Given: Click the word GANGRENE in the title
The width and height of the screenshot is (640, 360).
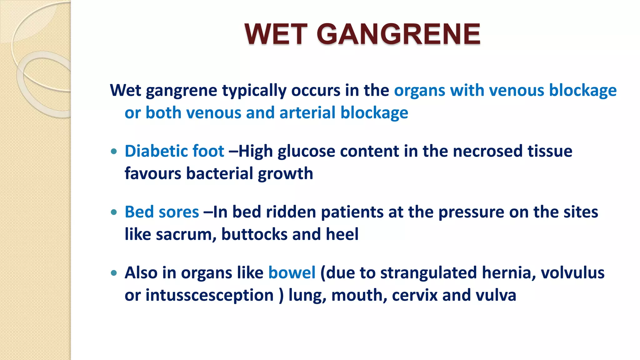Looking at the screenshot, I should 398,34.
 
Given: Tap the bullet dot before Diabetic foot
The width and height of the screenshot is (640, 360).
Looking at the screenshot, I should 114,152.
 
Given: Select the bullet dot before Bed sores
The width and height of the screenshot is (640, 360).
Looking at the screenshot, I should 114,212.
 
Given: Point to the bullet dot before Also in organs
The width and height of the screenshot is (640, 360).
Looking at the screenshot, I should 114,273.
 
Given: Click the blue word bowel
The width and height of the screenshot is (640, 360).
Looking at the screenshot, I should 292,272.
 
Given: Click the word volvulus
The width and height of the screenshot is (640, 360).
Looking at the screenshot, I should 572,272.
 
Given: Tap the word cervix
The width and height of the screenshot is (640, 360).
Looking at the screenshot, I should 415,296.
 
